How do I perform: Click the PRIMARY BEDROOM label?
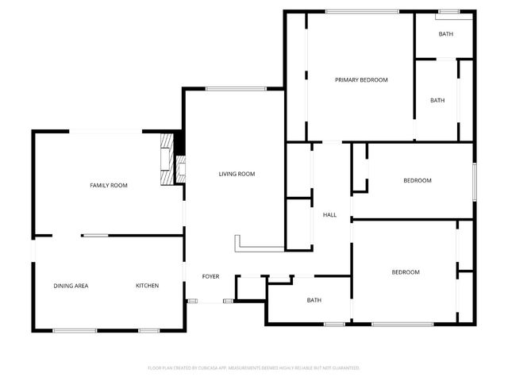[x=361, y=80]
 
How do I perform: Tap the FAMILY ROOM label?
[x=108, y=185]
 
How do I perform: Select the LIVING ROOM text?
[x=237, y=174]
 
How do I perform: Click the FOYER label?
[x=210, y=277]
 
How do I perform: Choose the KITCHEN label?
[x=147, y=286]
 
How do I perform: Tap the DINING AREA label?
[x=71, y=286]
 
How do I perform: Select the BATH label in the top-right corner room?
[x=446, y=34]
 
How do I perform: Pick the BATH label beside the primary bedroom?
[x=437, y=101]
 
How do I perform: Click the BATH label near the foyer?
[x=314, y=300]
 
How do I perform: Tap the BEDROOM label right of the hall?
[x=417, y=181]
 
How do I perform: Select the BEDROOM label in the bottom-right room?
[x=405, y=272]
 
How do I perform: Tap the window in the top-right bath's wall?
[x=449, y=11]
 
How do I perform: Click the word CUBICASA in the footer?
[x=207, y=368]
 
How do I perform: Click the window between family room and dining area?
[x=95, y=235]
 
